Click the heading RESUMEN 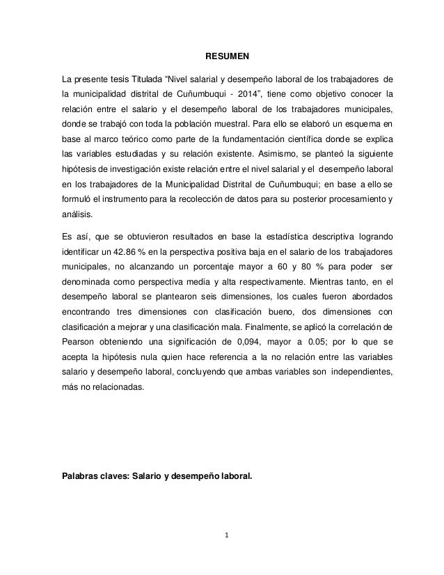coord(222,54)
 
